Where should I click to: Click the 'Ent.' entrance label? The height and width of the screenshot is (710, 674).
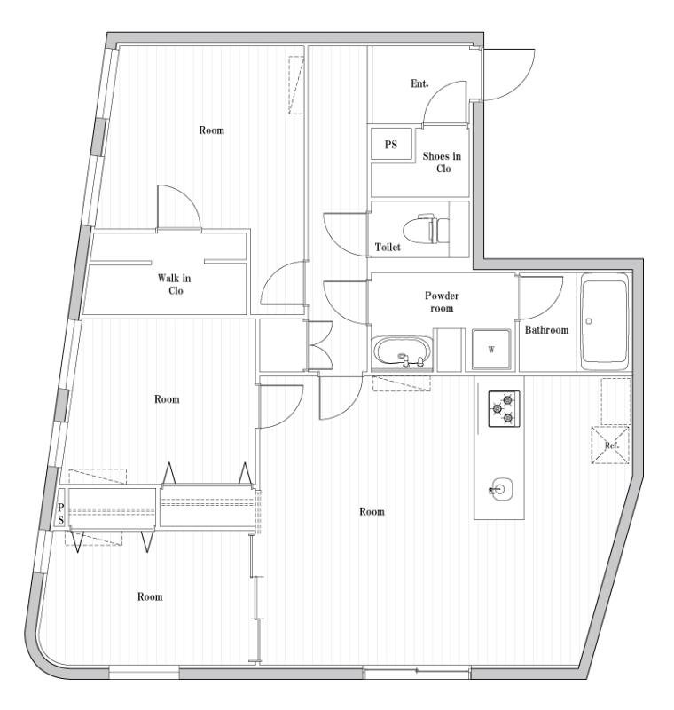tap(419, 84)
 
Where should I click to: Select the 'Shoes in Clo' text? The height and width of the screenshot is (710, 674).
tap(442, 162)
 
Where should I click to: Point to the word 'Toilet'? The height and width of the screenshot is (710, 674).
tap(388, 248)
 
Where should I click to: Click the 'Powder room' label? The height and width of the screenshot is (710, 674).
tap(441, 302)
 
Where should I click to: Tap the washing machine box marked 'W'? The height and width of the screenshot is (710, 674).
tap(490, 349)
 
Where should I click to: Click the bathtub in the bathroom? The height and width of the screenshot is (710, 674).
tap(605, 322)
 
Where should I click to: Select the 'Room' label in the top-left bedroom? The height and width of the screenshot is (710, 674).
tap(211, 130)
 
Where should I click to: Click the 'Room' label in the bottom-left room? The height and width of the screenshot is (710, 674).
tap(150, 597)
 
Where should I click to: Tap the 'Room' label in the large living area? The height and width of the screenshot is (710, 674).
tap(372, 512)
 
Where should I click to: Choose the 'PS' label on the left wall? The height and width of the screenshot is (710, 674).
tap(61, 514)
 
